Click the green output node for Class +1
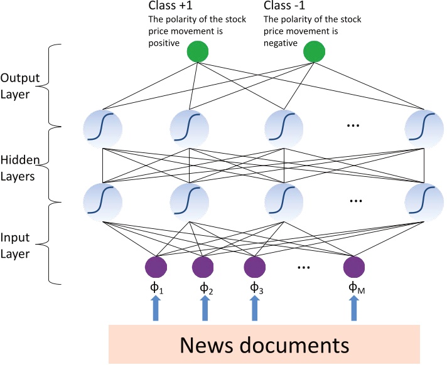(x=199, y=53)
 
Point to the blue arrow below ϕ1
(x=156, y=308)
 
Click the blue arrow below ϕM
(x=354, y=308)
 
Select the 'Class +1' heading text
(x=170, y=7)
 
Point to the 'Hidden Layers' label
(x=20, y=167)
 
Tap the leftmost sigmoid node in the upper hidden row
(x=102, y=128)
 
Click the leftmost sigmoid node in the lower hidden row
(x=102, y=201)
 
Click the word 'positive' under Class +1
(x=164, y=43)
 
